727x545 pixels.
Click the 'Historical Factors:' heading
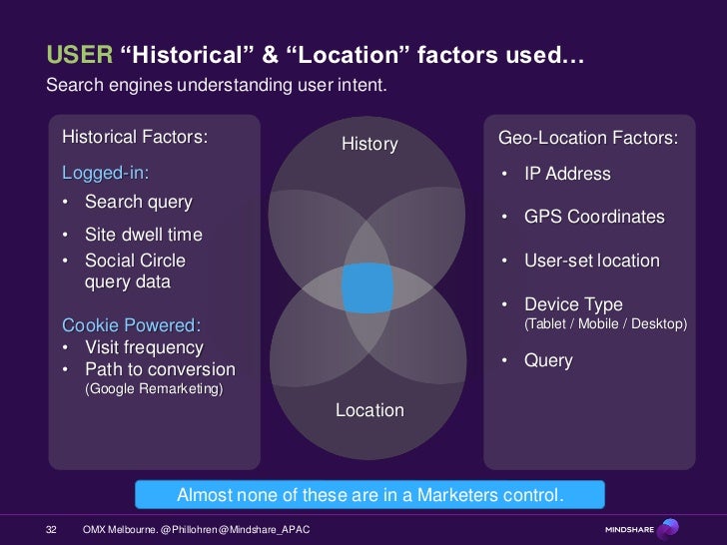[x=135, y=137]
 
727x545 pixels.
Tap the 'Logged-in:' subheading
[x=106, y=173]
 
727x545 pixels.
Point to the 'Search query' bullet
[x=138, y=203]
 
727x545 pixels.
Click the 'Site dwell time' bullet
[x=143, y=235]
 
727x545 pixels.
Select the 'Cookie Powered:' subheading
[x=131, y=325]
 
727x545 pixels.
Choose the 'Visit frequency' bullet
[x=144, y=347]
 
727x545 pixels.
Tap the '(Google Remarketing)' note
[x=153, y=388]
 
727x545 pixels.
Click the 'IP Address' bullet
[x=567, y=174]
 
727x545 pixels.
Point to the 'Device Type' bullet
[x=573, y=304]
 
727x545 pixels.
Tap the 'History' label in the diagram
[x=369, y=145]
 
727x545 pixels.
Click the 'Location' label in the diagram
[x=369, y=410]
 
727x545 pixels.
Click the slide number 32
[x=53, y=528]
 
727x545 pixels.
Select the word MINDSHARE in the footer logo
[x=630, y=529]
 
